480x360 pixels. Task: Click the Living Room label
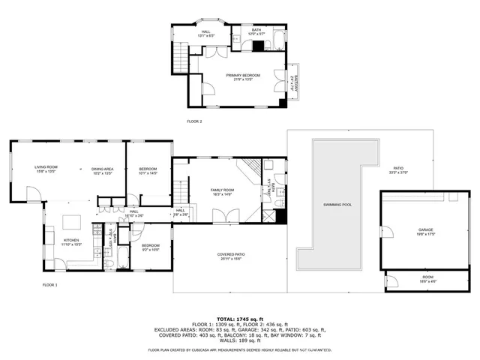point(46,169)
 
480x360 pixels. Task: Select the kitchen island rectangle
point(73,222)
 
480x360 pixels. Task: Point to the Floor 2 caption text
point(195,121)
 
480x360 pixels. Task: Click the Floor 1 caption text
point(50,285)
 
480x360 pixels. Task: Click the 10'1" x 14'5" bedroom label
point(148,172)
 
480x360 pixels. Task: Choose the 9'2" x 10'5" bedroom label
point(151,247)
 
